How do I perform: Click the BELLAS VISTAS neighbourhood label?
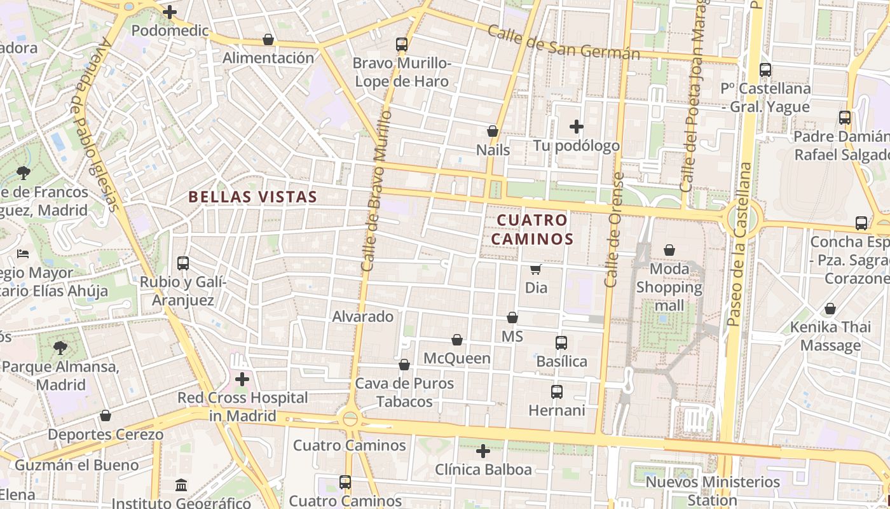click(x=252, y=197)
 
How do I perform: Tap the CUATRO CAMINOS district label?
click(x=535, y=229)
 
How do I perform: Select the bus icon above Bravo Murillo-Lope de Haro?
click(x=401, y=44)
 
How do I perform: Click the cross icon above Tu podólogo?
click(x=577, y=127)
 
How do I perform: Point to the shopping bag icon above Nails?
click(x=492, y=131)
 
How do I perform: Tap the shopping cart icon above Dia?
click(x=535, y=269)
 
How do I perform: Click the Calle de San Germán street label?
click(x=563, y=43)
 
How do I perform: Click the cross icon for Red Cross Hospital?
click(x=242, y=379)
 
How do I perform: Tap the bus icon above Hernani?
click(x=556, y=391)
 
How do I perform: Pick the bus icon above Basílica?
click(x=561, y=343)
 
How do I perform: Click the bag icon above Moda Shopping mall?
click(x=669, y=250)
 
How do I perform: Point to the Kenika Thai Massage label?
click(x=830, y=337)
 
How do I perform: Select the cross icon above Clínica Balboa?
click(x=483, y=451)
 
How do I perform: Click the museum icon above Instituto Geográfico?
click(x=181, y=485)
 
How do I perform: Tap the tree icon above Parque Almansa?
click(x=60, y=347)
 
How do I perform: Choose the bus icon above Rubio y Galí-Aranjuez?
click(x=183, y=263)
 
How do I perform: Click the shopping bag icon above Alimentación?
click(x=268, y=39)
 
